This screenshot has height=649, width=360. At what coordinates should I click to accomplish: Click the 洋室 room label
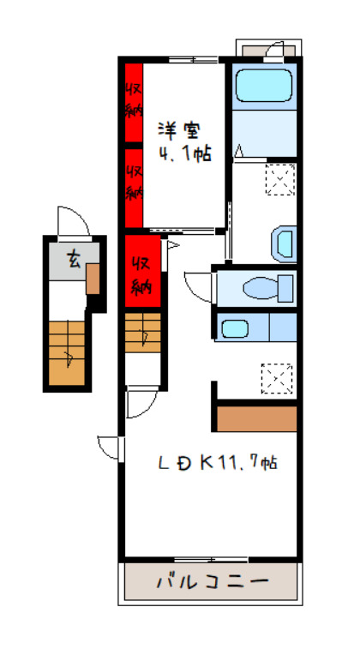coord(179,131)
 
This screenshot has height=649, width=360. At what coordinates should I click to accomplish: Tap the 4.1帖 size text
coord(184,154)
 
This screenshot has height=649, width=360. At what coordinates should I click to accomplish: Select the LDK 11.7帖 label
coord(218,463)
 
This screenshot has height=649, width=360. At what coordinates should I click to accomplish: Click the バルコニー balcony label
coord(212,581)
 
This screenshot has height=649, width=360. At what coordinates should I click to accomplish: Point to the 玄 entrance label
coord(74,261)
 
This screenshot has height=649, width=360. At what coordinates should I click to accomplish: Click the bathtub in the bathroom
coord(264,86)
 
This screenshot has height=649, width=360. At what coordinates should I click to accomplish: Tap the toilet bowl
coord(267,288)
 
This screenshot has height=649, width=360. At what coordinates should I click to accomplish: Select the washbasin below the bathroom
coord(284,244)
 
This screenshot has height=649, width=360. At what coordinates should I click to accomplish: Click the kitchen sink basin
coord(235,328)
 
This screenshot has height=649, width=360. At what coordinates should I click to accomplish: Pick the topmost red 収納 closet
coord(134,102)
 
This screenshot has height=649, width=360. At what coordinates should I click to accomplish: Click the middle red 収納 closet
coord(134,188)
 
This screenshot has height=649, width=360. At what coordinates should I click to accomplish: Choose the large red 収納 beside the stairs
coord(143,271)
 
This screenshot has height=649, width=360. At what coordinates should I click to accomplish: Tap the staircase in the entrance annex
coord(67,353)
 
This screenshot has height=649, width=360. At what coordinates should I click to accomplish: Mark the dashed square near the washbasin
coord(280,180)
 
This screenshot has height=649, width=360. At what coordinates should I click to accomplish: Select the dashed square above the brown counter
coord(276,379)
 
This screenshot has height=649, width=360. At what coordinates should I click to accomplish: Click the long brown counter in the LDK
coord(256,419)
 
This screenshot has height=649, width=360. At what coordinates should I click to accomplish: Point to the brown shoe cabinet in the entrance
coord(93,279)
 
